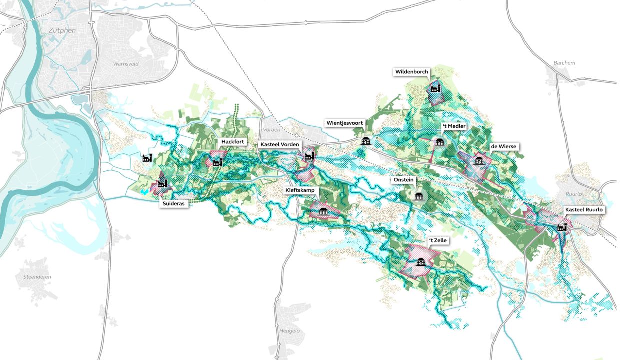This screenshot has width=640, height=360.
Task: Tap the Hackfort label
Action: click(x=233, y=142)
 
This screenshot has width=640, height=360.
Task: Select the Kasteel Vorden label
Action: click(x=280, y=144)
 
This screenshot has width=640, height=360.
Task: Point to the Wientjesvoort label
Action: click(x=345, y=123)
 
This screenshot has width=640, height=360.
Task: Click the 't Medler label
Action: click(x=454, y=126)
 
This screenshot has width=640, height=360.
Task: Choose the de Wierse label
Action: click(x=503, y=146)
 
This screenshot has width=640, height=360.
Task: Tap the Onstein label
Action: click(x=403, y=180)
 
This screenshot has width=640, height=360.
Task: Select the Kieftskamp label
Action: click(x=300, y=190)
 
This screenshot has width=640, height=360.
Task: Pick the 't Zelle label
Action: click(x=438, y=241)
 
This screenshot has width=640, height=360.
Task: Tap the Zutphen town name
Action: click(x=62, y=30)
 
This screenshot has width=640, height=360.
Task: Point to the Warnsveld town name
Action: click(x=126, y=64)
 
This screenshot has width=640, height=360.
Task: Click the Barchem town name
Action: click(x=564, y=63)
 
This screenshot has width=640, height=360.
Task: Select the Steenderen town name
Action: click(x=37, y=277)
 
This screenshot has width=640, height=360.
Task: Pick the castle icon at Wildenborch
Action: click(x=435, y=88)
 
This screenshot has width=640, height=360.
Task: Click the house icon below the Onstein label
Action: click(x=419, y=196)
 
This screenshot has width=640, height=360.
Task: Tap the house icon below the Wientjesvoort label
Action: click(x=366, y=141)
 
